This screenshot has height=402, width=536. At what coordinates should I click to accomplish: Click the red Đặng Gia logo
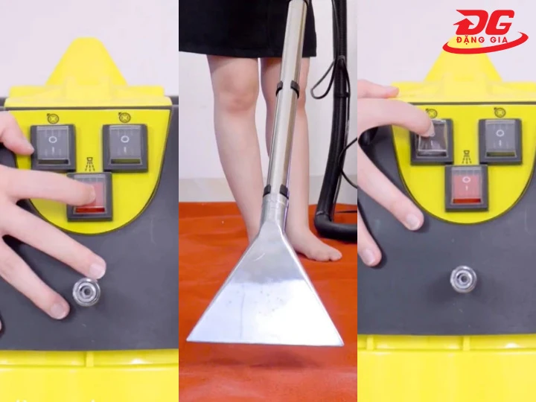[x=485, y=31]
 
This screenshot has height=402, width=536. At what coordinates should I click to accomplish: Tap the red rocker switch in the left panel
[x=89, y=197]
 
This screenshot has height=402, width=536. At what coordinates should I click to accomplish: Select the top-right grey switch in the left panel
[x=126, y=147]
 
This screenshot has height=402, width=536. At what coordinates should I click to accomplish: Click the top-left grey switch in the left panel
[x=54, y=147]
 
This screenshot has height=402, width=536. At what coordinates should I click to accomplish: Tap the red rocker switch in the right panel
[x=466, y=188]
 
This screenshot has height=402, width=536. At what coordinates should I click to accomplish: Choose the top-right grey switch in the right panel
[x=500, y=141]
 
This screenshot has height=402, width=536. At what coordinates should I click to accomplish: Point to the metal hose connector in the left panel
[x=87, y=293]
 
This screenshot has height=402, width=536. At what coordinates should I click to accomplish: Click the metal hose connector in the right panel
[x=464, y=279]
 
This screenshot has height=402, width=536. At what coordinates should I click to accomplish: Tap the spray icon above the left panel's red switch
[x=90, y=164]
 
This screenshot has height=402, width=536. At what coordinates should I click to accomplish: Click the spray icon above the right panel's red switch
[x=467, y=157]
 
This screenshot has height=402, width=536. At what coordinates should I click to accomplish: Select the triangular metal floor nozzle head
[x=265, y=284]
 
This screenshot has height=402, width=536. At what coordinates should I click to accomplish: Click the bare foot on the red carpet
[x=316, y=248]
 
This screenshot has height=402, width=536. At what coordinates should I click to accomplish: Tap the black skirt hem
[x=247, y=54]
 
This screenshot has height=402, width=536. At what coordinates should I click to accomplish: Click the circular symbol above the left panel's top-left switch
[x=53, y=118]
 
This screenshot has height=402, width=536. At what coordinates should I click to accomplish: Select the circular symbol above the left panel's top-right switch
[x=125, y=118]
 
